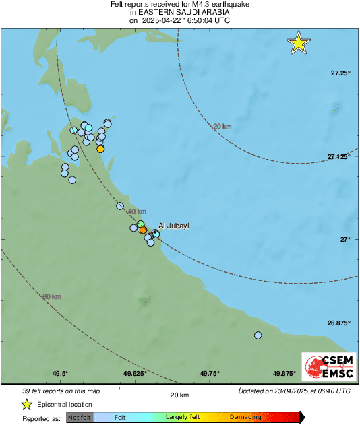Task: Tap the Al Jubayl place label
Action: [x=174, y=226]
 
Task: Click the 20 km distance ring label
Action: [x=222, y=126]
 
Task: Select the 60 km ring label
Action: [x=52, y=297]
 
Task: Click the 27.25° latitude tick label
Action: [x=340, y=73]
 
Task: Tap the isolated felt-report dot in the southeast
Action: [x=258, y=335]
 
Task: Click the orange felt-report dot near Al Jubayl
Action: [x=143, y=230]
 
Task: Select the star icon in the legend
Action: [x=26, y=404]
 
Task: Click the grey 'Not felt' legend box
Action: [x=79, y=417]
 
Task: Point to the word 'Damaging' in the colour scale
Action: [x=245, y=417]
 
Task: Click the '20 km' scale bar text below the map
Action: [x=179, y=395]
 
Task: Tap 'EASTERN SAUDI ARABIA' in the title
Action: [x=179, y=12]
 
